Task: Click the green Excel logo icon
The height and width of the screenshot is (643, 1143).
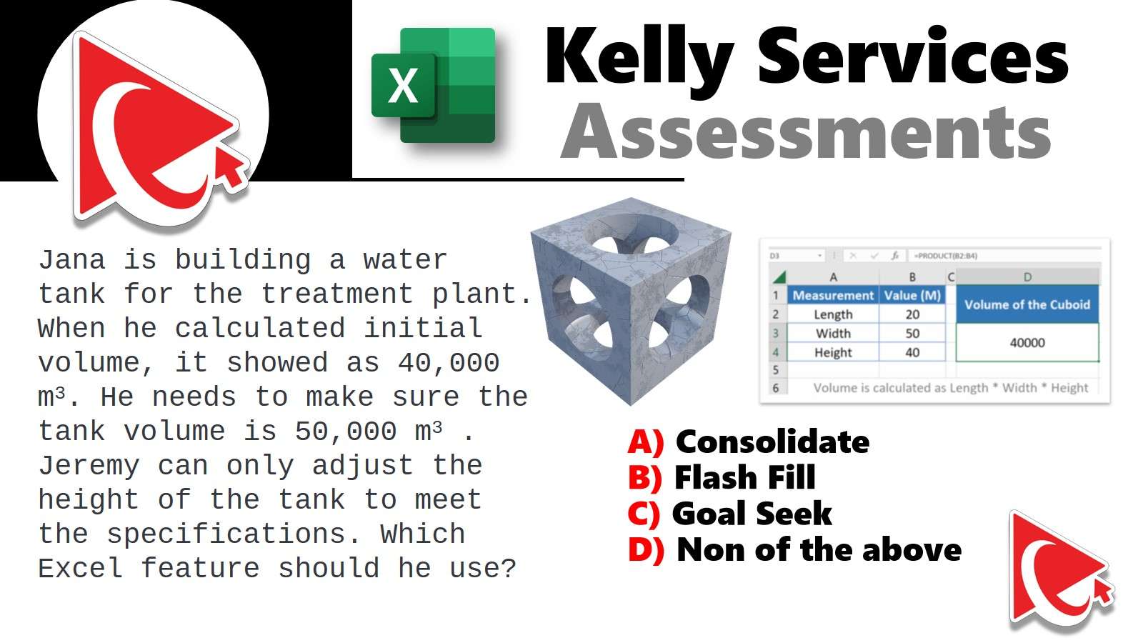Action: [434, 85]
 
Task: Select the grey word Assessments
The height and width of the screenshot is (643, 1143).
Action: [806, 132]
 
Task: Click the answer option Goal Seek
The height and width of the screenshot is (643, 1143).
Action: [752, 514]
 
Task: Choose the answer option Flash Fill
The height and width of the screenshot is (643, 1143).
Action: [745, 478]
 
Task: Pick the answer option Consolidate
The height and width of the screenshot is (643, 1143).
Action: [772, 442]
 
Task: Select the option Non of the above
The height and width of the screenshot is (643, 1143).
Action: [819, 549]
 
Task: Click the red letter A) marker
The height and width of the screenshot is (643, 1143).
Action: [646, 442]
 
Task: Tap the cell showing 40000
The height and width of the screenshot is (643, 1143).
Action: [1027, 342]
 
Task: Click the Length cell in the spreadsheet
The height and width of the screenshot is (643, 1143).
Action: [833, 314]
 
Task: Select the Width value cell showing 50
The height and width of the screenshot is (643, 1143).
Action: [912, 333]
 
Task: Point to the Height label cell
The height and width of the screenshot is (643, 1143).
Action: [833, 352]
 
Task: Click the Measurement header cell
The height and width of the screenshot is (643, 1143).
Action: [833, 296]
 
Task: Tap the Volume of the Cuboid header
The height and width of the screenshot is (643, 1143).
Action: [1027, 304]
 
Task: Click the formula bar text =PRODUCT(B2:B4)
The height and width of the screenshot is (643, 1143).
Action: [946, 256]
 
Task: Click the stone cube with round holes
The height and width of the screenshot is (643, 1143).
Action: [631, 301]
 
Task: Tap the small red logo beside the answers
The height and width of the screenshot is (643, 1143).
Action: [1061, 570]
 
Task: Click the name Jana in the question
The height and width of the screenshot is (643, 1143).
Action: [72, 259]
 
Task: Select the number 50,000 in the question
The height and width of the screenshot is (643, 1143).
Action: [346, 432]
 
